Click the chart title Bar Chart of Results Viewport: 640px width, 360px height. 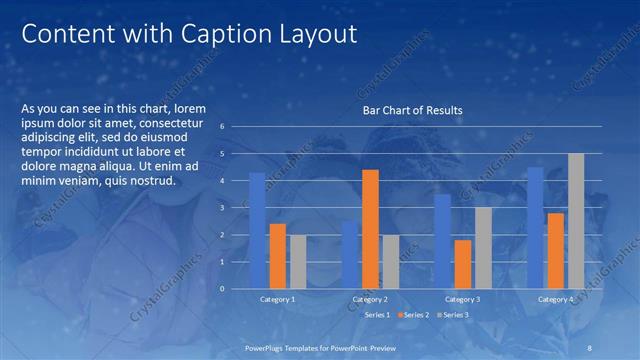coord(412,110)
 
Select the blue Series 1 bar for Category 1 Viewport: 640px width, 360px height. coord(257,230)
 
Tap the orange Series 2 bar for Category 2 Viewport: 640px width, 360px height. coord(370,229)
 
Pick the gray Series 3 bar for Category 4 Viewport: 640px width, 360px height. coord(576,221)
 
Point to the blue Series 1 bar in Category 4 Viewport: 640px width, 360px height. coord(535,228)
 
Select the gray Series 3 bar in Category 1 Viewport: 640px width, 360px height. coord(298,262)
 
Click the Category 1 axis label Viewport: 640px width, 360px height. coord(277,299)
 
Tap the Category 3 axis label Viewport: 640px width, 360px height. coord(462,299)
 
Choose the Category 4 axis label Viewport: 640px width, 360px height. coord(555,299)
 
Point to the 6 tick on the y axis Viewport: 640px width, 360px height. coord(236,127)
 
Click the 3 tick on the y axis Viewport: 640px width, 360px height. coord(236,208)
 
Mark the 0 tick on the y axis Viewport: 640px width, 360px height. coord(236,289)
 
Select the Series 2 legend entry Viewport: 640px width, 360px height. coord(414,315)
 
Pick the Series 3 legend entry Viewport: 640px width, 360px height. coord(453,315)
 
